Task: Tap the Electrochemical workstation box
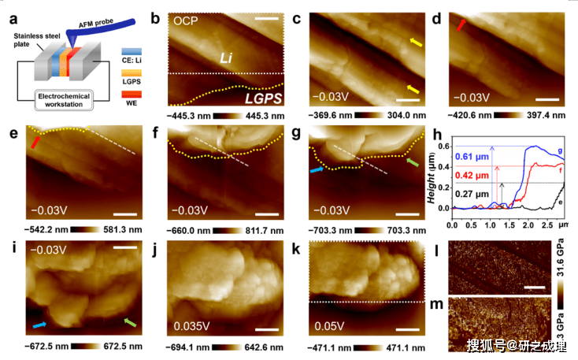(72, 101)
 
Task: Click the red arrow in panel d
(461, 27)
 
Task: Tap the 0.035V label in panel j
(187, 324)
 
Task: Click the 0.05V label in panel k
(327, 324)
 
